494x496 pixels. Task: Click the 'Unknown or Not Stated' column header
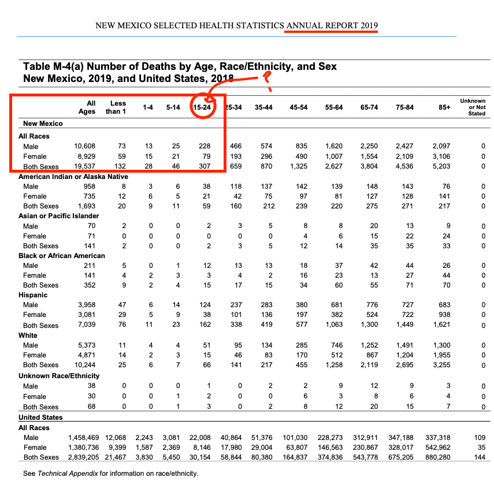(473, 107)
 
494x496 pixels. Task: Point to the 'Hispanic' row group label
(33, 295)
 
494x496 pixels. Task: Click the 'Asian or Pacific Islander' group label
(58, 216)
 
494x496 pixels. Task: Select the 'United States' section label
(40, 417)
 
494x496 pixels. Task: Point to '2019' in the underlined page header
(369, 26)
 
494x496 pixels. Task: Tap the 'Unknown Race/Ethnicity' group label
(59, 376)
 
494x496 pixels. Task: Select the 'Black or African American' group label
(62, 255)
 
